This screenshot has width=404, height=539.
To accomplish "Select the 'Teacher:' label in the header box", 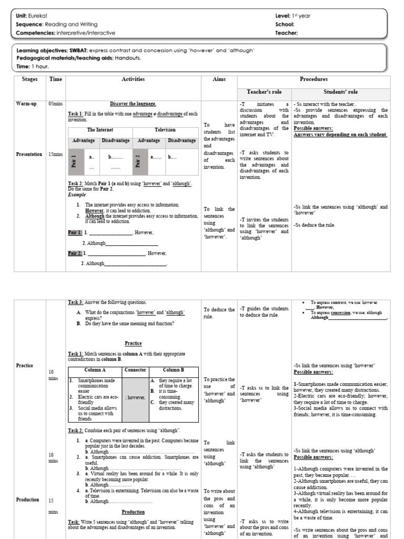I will point(286,33).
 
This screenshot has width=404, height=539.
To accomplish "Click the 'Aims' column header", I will point(219,79).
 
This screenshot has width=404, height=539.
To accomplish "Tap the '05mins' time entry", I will point(55,104).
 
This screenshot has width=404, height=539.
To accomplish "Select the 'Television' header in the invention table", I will point(165,130).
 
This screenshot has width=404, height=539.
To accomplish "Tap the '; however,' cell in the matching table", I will point(135,397).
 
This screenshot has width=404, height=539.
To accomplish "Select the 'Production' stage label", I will point(28,500).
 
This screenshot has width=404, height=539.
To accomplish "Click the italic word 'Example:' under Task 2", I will point(77,194).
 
